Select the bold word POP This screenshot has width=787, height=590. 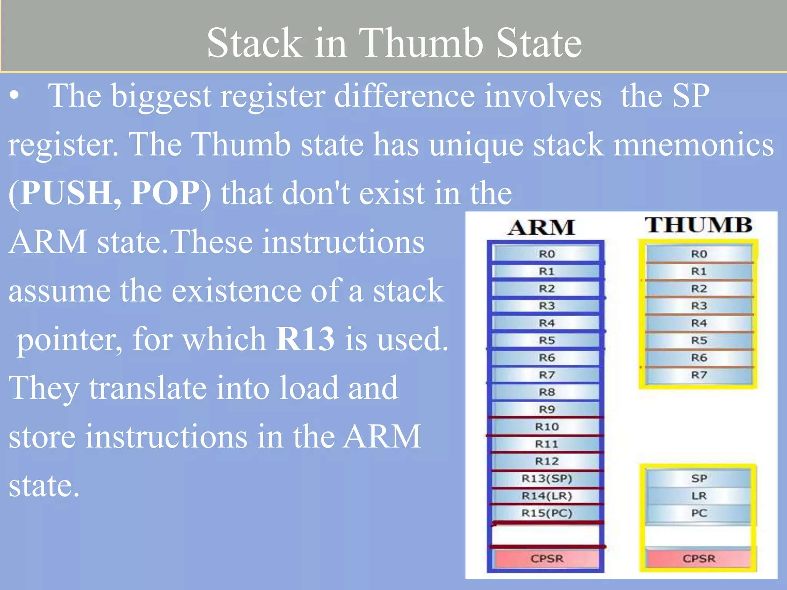click(x=165, y=193)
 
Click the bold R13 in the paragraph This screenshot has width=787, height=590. click(x=305, y=339)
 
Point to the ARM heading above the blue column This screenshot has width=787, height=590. click(x=542, y=227)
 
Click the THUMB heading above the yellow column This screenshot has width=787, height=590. click(x=698, y=225)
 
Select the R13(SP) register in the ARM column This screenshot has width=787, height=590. click(x=546, y=479)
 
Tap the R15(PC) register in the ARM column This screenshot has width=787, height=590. click(x=546, y=513)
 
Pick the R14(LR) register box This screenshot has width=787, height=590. click(x=546, y=496)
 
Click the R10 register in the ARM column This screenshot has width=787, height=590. click(x=546, y=427)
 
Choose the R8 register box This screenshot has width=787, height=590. click(x=546, y=392)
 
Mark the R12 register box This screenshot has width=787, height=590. click(x=546, y=461)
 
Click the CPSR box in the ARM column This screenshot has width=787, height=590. click(x=546, y=559)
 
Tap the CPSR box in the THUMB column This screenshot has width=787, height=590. click(x=699, y=559)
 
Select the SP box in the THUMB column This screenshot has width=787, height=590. click(x=699, y=479)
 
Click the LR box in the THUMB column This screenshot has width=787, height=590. click(x=699, y=496)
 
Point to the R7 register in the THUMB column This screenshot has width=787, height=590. click(x=699, y=375)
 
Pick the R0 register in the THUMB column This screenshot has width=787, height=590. click(x=699, y=254)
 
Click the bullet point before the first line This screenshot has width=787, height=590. click(x=14, y=97)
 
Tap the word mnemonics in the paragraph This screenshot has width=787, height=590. click(x=693, y=145)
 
